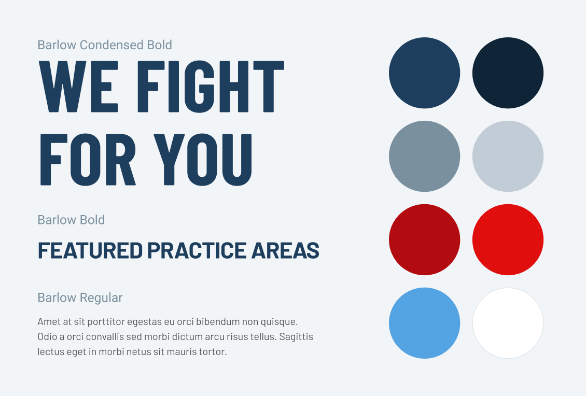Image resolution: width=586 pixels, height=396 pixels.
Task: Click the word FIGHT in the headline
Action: click(x=211, y=86)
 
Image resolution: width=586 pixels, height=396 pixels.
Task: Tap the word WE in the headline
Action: click(x=78, y=86)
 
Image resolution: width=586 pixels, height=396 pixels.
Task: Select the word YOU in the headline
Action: click(x=203, y=160)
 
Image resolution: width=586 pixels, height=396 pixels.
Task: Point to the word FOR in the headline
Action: click(x=88, y=160)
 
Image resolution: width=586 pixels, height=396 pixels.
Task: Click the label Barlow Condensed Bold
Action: click(x=105, y=45)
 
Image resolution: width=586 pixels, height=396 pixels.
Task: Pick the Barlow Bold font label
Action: click(x=71, y=220)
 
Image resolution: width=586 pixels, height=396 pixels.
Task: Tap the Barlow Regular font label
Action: click(x=80, y=298)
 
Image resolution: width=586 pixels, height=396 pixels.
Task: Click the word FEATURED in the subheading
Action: click(x=90, y=250)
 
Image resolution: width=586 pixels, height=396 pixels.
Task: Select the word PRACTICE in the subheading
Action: click(x=197, y=250)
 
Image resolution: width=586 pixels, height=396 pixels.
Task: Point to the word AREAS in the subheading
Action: click(x=286, y=250)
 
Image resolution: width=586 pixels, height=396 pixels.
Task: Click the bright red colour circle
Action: click(x=508, y=240)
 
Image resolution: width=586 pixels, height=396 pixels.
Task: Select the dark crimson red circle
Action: click(x=425, y=240)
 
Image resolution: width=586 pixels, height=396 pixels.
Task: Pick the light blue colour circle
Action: click(x=425, y=323)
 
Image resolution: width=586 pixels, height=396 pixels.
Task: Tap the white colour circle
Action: click(x=508, y=323)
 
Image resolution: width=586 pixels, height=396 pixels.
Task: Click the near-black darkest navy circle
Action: click(x=508, y=73)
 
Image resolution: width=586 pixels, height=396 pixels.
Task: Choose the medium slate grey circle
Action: click(x=425, y=156)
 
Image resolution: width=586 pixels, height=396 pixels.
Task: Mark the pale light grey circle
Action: click(x=508, y=156)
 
